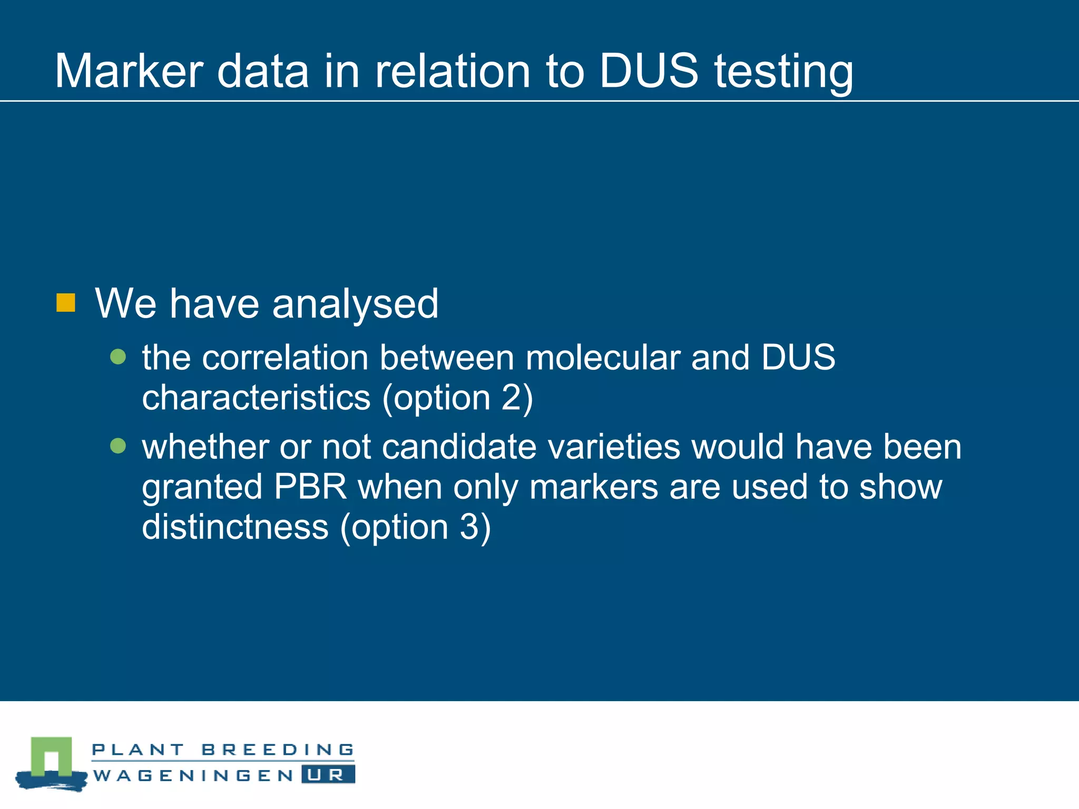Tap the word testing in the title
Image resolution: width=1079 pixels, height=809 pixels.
coord(783,72)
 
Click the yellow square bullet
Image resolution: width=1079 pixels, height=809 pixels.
coord(66,303)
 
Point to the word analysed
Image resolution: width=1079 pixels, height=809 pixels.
coord(356,304)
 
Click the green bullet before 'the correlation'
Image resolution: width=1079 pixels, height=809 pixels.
coord(118,357)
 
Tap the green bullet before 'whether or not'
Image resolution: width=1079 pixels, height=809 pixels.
coord(118,446)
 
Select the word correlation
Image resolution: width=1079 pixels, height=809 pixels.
coord(285,358)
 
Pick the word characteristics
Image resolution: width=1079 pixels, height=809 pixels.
coord(256,398)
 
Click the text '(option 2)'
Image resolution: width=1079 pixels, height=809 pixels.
coord(458,398)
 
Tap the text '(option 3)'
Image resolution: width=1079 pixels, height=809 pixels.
coord(416,527)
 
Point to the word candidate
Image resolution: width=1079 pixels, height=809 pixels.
coord(459,447)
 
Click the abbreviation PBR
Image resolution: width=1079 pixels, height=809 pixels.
coord(310,487)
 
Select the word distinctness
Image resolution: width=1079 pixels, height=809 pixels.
coord(235,527)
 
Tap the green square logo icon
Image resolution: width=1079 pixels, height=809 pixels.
coord(51,756)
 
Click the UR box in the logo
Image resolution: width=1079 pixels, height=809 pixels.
coord(328,775)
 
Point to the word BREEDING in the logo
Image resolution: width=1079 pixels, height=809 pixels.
coord(278,749)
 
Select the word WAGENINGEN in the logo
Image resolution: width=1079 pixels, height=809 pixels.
coord(193,775)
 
